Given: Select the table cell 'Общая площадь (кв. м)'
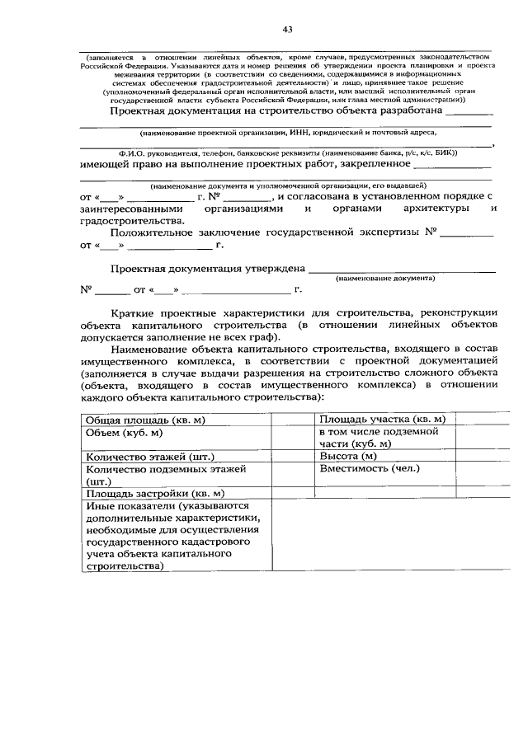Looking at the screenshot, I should [x=145, y=420].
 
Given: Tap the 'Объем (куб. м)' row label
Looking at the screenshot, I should [x=124, y=432].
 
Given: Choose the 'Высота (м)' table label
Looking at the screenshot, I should [x=347, y=457].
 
